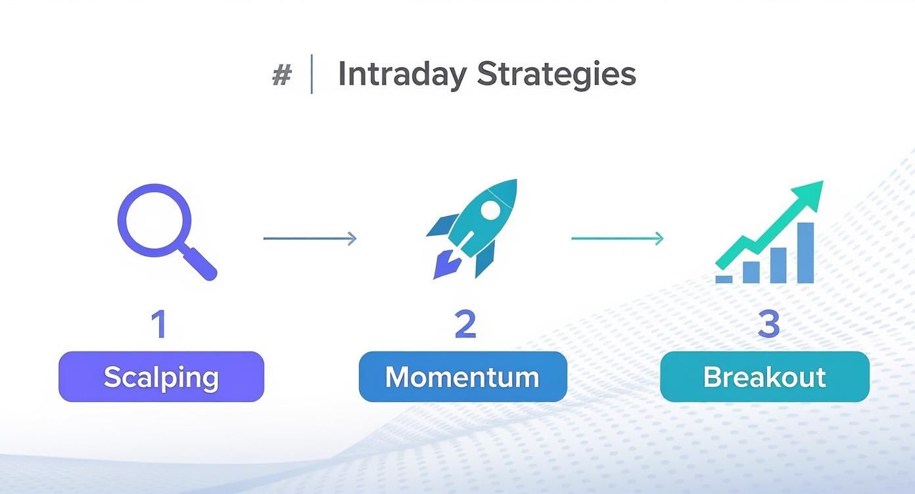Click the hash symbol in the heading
[x=281, y=76]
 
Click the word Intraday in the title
[x=402, y=74]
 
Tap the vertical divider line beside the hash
[x=312, y=75]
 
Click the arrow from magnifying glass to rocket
[x=310, y=238]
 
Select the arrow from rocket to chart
[x=617, y=238]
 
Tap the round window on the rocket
[x=490, y=210]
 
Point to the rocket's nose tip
[x=513, y=183]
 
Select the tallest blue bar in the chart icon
[x=805, y=253]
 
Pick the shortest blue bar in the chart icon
[x=724, y=279]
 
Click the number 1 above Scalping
[x=159, y=325]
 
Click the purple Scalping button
[x=161, y=376]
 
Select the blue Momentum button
[x=462, y=376]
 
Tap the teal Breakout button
[x=764, y=376]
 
